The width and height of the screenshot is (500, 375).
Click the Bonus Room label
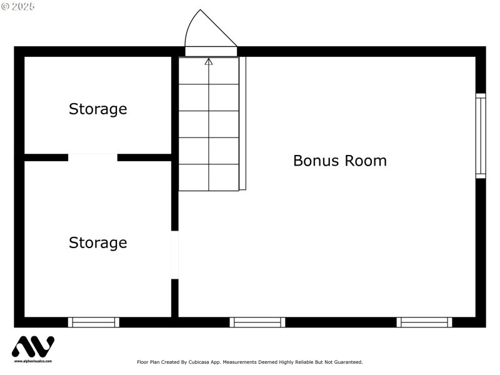point(340,161)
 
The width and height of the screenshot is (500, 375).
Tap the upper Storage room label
point(97,109)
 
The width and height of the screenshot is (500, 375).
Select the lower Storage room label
point(97,242)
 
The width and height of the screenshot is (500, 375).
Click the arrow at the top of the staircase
point(209,61)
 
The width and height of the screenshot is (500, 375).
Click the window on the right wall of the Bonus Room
point(481,136)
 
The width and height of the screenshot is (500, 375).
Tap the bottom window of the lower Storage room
point(94,322)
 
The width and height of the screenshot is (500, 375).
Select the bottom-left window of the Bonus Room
point(257,322)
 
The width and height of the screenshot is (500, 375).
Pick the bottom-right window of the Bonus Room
point(425,322)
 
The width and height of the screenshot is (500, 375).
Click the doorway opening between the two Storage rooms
point(92,157)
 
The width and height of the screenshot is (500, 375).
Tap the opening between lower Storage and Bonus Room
point(175,254)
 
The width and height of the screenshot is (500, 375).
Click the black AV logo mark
point(32,347)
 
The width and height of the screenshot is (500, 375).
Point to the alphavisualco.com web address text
point(32,361)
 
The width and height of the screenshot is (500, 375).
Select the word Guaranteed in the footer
point(347,362)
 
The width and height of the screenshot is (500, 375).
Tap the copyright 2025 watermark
point(18,6)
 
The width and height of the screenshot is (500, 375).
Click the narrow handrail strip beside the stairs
point(242,123)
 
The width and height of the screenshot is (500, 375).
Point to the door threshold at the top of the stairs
point(211,51)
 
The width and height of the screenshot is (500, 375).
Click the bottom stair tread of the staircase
point(209,177)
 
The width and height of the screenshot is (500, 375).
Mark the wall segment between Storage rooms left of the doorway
point(46,157)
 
